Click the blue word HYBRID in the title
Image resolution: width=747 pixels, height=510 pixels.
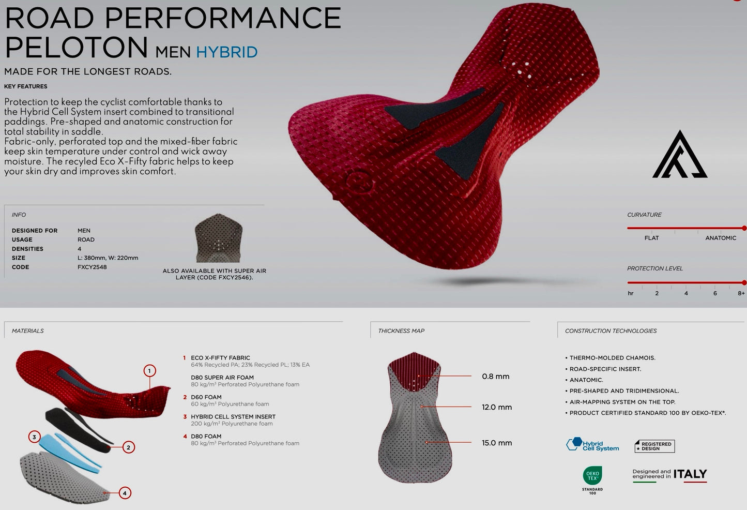[227, 52]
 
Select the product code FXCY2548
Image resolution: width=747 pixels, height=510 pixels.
[92, 267]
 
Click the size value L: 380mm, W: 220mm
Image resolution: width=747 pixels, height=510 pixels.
[108, 258]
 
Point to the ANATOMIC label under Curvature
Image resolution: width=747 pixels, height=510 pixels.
[721, 238]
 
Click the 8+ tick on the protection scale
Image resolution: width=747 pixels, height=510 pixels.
[741, 293]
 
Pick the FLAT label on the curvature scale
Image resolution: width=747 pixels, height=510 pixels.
[652, 238]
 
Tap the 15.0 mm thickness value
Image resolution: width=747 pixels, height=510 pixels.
[497, 443]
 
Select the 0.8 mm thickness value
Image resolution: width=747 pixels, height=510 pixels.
[496, 377]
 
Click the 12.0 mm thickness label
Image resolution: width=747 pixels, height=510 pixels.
[497, 407]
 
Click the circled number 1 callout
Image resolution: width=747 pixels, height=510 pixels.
[149, 371]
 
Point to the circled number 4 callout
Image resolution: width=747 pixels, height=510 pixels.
[125, 493]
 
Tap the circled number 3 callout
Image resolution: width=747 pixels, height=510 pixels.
[34, 437]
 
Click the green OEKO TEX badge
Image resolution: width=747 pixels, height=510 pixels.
[592, 476]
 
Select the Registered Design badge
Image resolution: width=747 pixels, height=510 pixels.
[654, 446]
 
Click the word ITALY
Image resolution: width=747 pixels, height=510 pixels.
[690, 474]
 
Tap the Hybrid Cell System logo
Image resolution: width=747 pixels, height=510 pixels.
[592, 445]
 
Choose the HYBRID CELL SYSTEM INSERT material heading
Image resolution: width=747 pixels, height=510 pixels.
[233, 417]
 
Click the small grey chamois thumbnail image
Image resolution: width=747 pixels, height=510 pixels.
[219, 238]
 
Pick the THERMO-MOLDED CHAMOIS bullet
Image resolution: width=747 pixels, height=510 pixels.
[611, 358]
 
